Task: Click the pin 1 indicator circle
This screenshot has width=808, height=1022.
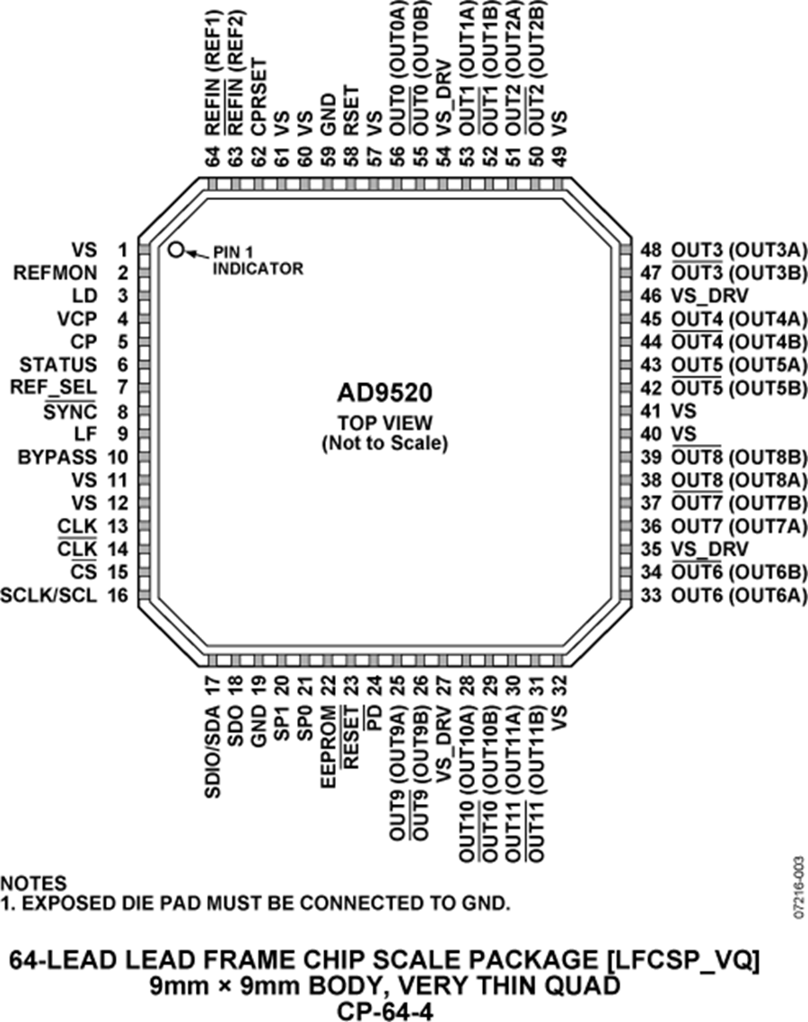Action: click(x=175, y=249)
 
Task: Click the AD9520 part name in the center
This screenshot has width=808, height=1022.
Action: click(x=384, y=393)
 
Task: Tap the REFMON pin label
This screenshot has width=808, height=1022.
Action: click(x=56, y=273)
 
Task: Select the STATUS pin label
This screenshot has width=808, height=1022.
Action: click(x=58, y=364)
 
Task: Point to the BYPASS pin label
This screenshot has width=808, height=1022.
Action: click(x=57, y=457)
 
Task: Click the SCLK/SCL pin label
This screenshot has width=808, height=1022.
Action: click(x=48, y=595)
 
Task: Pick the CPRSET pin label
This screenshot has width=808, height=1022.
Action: click(x=259, y=98)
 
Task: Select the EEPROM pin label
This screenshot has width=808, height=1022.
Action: click(x=329, y=747)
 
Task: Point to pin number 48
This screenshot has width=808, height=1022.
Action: click(x=650, y=249)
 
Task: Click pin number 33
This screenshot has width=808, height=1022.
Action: click(x=650, y=595)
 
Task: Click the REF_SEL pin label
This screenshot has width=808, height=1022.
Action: click(x=54, y=388)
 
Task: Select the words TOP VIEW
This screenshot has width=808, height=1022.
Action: click(x=385, y=423)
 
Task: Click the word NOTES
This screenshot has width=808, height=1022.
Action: click(x=33, y=883)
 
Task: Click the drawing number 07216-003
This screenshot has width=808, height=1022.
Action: click(x=800, y=887)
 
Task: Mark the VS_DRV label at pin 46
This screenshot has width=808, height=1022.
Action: click(x=709, y=296)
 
